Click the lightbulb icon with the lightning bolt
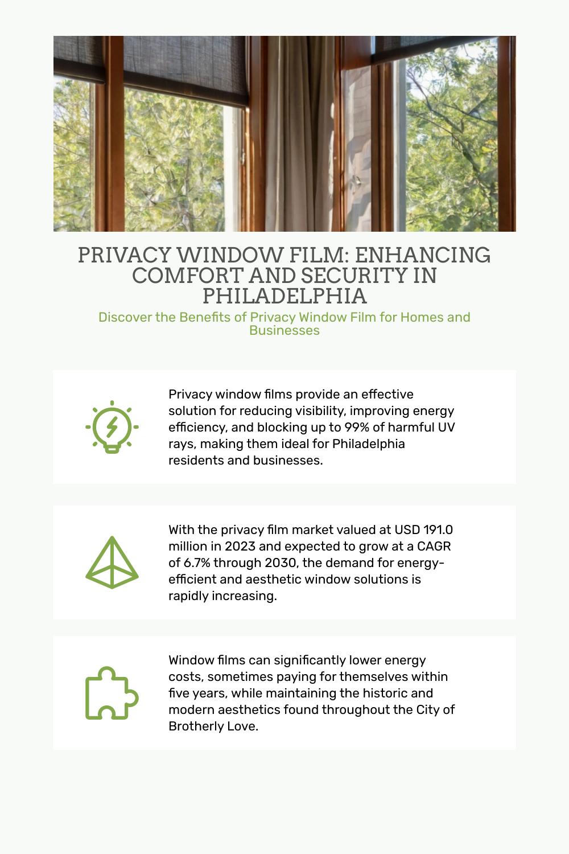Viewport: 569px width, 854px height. click(x=112, y=426)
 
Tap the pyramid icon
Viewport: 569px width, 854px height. click(x=112, y=563)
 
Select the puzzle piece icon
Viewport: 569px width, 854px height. click(x=112, y=693)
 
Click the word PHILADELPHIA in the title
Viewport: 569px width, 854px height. click(x=284, y=296)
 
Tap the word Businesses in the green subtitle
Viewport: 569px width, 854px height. click(x=284, y=331)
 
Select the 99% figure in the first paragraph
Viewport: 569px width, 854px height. click(x=357, y=428)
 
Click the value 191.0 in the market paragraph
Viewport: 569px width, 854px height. click(x=438, y=530)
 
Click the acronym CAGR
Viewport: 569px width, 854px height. click(x=434, y=547)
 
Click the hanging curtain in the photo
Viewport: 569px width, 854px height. click(x=299, y=134)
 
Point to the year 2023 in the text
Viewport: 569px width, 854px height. click(x=240, y=547)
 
